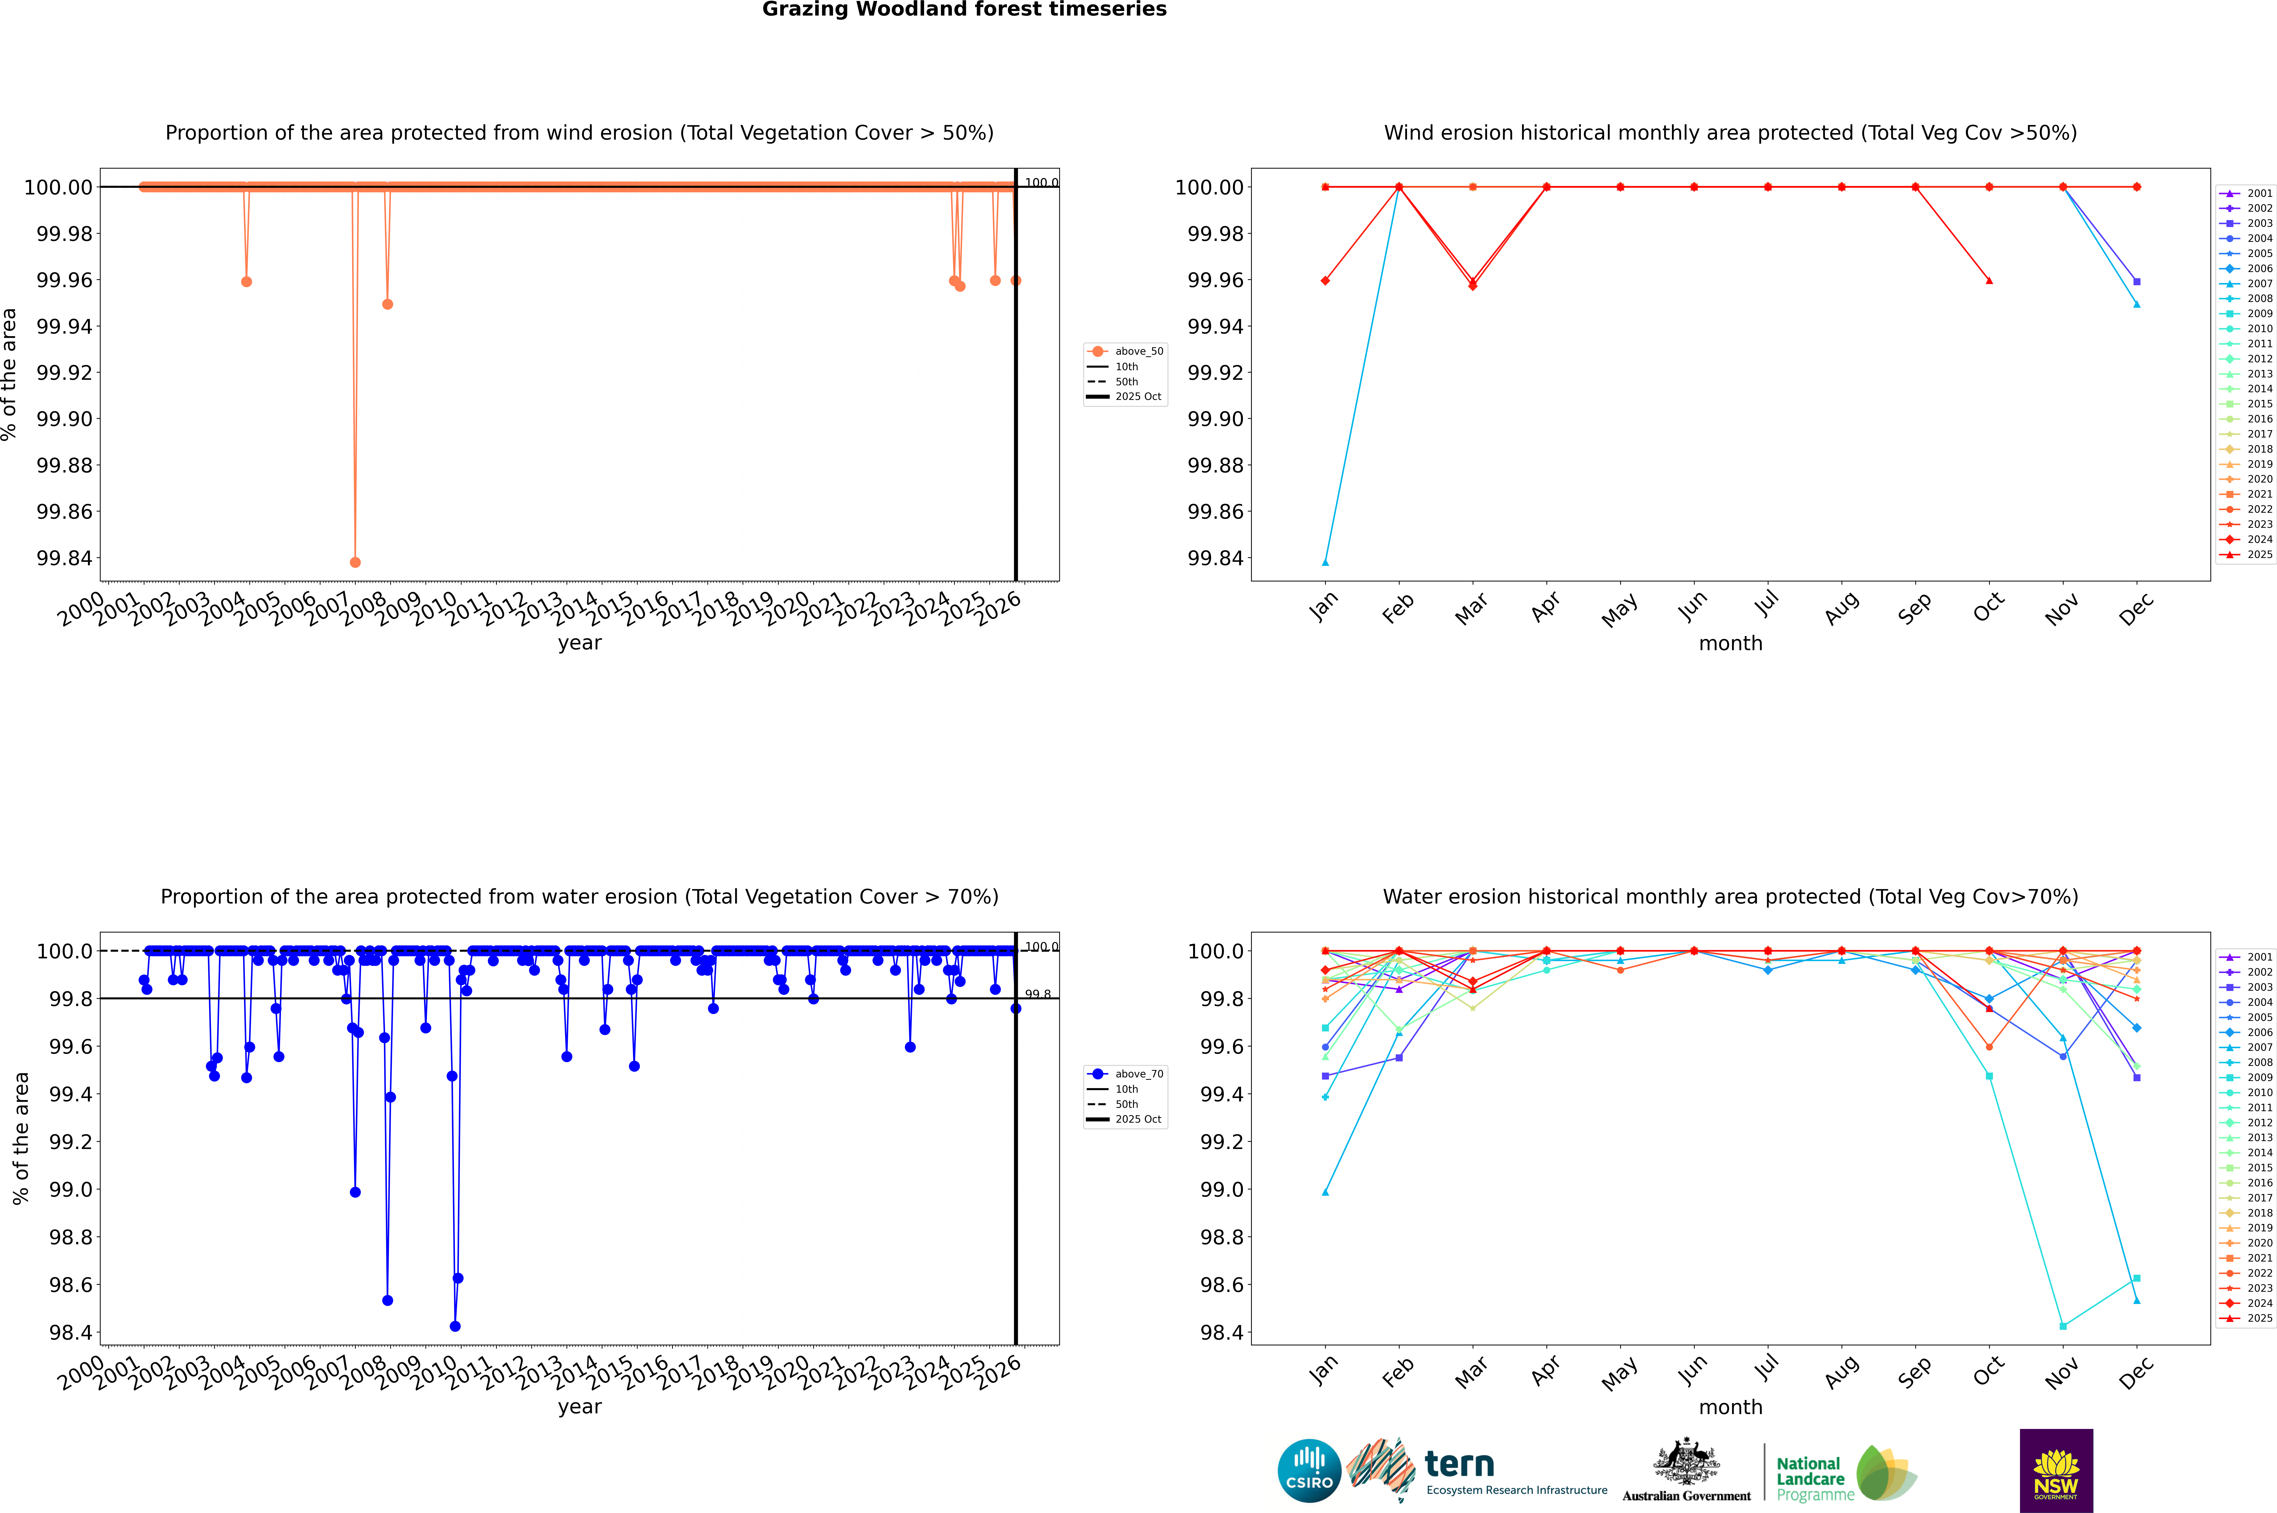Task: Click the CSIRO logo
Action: click(1309, 1471)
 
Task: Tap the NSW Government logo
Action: click(2056, 1471)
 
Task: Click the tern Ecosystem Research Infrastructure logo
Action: click(1477, 1471)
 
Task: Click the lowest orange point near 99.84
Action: click(355, 563)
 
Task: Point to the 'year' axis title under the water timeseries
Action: click(579, 1407)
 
